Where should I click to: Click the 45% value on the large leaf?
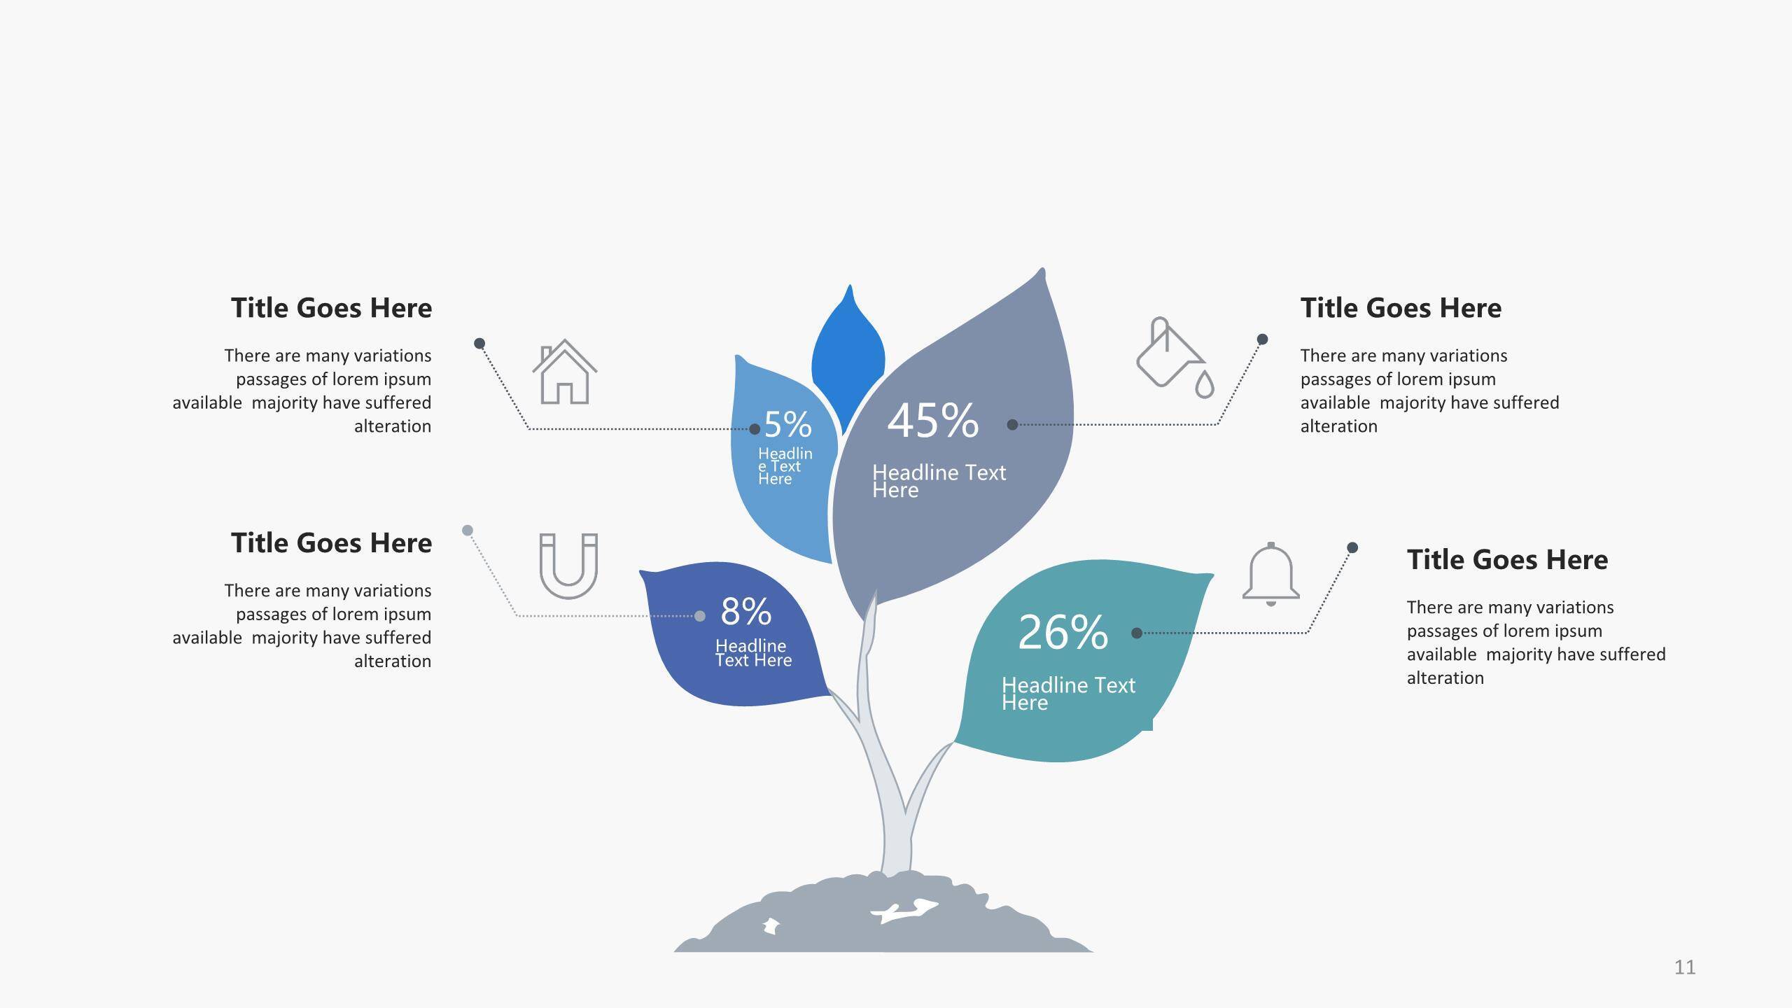point(933,421)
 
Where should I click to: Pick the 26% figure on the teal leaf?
point(1063,632)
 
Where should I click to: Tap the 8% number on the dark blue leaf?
point(746,611)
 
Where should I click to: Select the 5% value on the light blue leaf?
point(788,424)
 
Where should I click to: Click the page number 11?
point(1685,967)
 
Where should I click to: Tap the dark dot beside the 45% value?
point(1012,424)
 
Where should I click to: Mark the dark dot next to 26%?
point(1137,633)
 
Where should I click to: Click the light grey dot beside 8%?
point(700,616)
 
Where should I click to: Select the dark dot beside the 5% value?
point(755,429)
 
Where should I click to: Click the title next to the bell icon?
point(1508,559)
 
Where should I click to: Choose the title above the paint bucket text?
point(1401,308)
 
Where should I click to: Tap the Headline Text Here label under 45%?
point(939,481)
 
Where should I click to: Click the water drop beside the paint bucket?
point(1204,384)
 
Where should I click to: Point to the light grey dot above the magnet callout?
point(468,530)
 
